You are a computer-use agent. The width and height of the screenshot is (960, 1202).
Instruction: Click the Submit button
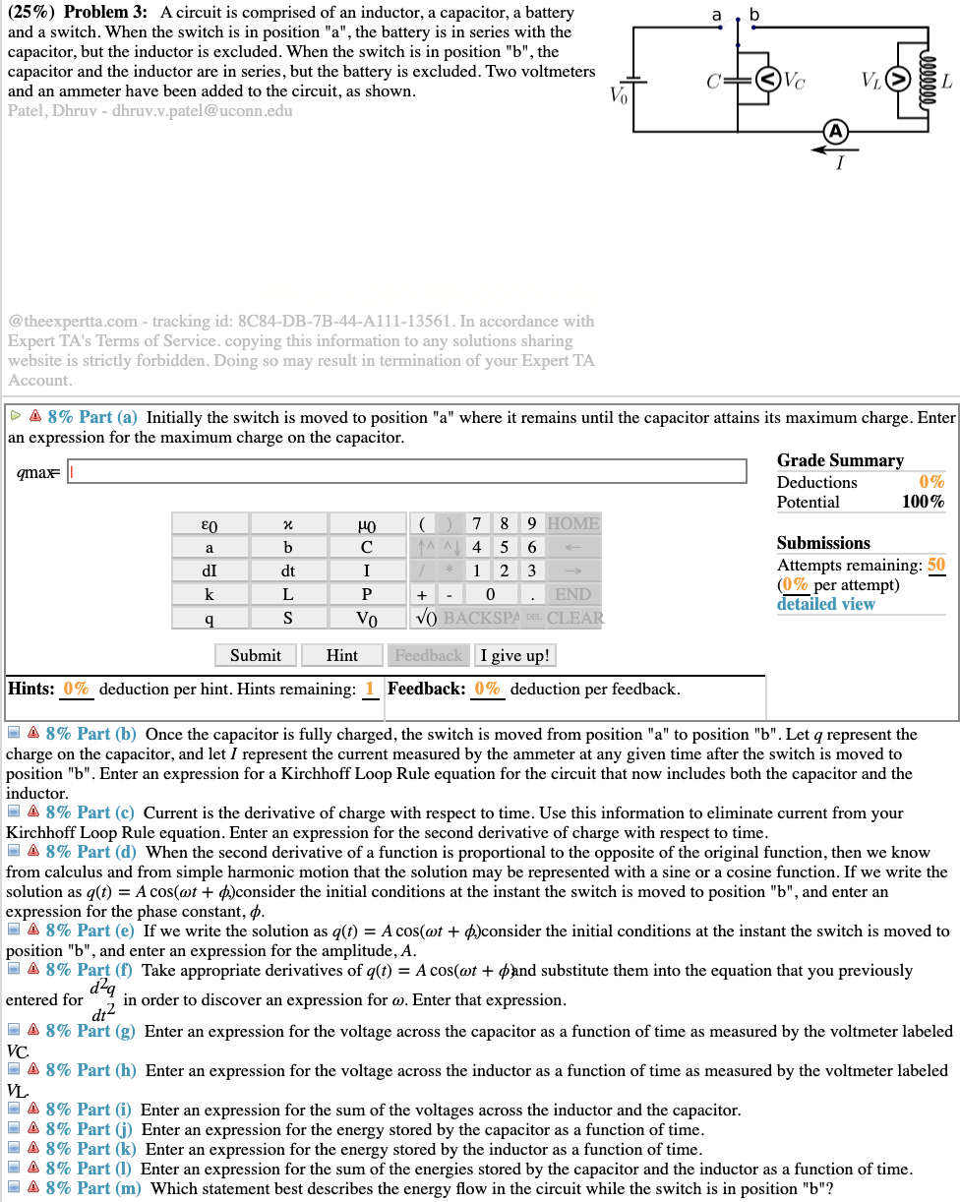(255, 655)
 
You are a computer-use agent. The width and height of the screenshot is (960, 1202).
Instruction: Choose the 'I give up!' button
(515, 655)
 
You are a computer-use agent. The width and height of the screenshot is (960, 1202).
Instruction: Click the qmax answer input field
(406, 472)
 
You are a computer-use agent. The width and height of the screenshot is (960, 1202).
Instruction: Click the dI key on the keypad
(209, 571)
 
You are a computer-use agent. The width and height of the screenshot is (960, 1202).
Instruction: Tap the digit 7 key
(476, 523)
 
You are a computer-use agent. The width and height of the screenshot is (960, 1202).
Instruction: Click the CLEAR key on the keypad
(575, 618)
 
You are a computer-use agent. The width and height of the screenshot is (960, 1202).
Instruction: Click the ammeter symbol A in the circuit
(835, 131)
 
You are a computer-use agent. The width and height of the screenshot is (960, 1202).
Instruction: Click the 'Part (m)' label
(107, 1188)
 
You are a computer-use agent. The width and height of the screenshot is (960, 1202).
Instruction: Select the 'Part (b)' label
(106, 734)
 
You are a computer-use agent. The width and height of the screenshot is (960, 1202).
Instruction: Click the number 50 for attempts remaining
(935, 565)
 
